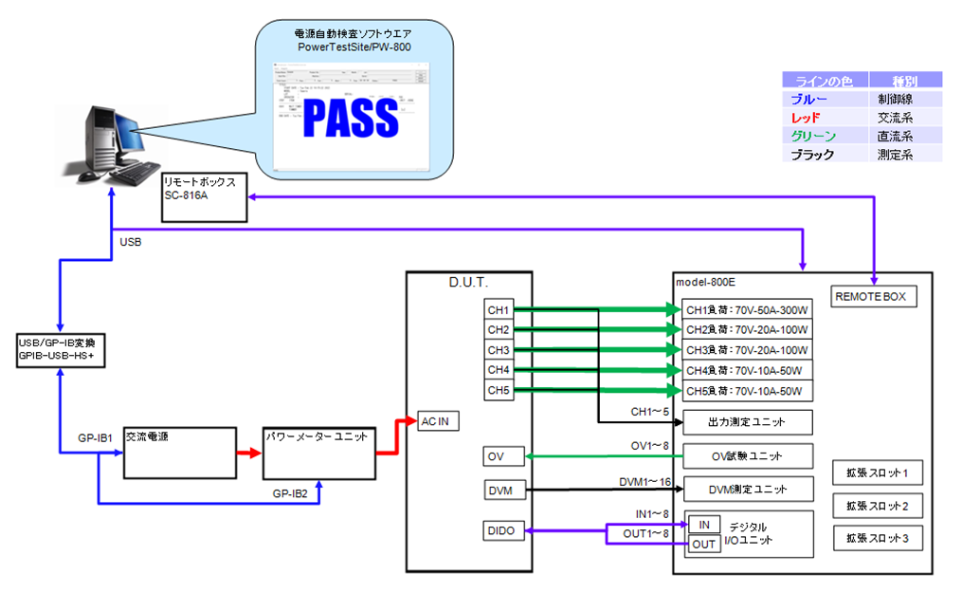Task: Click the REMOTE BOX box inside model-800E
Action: [870, 297]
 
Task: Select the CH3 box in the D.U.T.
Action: [499, 350]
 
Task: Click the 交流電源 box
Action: [180, 453]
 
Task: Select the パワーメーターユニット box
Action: [318, 453]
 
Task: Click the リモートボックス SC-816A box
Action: [204, 196]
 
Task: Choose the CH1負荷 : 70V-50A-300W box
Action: [748, 310]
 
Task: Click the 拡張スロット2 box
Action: [877, 505]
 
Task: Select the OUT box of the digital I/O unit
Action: [703, 545]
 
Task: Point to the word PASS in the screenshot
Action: [351, 117]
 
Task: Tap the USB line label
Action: [131, 243]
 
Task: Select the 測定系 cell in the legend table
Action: [895, 154]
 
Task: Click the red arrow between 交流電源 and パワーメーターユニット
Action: [249, 454]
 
